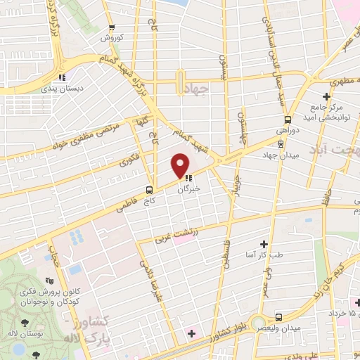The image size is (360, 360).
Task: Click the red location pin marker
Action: (x=181, y=165)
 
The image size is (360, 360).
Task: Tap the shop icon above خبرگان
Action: (x=188, y=178)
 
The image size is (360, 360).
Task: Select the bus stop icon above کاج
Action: (x=148, y=190)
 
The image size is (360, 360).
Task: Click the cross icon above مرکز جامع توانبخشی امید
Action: (x=326, y=96)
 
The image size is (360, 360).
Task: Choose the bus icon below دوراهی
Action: (x=281, y=143)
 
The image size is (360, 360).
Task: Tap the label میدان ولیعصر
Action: (x=285, y=328)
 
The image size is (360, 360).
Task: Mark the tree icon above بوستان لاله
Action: (x=25, y=321)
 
